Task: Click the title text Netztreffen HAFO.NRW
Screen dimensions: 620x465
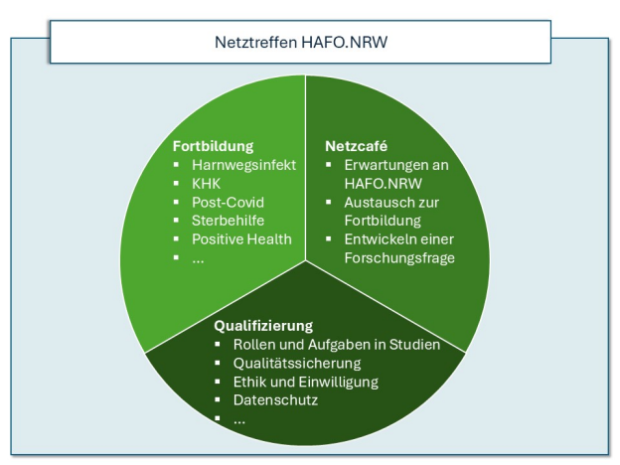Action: [x=301, y=42]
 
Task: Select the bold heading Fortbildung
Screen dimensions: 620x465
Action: [x=213, y=146]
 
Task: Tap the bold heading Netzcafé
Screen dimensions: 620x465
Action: [x=357, y=146]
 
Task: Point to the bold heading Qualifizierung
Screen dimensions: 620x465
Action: [x=263, y=326]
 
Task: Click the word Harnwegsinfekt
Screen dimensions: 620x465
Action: [x=244, y=165]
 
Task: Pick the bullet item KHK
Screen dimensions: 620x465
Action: [x=206, y=184]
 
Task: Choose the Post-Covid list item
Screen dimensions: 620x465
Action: [x=228, y=202]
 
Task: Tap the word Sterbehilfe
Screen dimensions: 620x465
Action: [x=228, y=221]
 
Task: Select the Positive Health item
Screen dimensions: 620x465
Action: [x=241, y=239]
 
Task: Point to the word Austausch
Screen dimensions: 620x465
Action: [x=376, y=202]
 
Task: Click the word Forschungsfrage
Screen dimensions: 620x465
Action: [x=399, y=258]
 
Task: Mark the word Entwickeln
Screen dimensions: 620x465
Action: [x=378, y=239]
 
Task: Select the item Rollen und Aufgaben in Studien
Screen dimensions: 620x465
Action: [x=337, y=345]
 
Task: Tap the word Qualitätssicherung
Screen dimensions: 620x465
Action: [x=297, y=364]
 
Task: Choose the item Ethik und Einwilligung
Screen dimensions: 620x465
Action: [x=306, y=382]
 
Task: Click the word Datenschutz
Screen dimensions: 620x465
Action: [x=275, y=400]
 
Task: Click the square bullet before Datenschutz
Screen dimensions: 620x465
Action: [x=218, y=399]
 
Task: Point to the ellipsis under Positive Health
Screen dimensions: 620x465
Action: [x=198, y=261]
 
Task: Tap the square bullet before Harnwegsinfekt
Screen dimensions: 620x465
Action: [x=176, y=165]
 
